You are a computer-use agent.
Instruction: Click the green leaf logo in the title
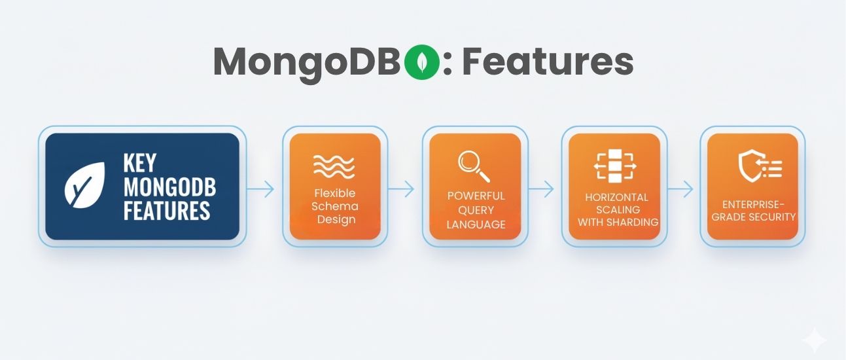pos(421,62)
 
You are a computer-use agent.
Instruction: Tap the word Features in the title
pos(548,61)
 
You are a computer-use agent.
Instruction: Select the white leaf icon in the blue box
pos(84,185)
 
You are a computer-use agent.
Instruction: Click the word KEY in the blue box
pos(140,163)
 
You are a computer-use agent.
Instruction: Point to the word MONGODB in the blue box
pos(169,187)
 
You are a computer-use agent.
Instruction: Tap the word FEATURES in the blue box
pos(167,210)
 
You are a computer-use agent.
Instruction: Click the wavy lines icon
pos(334,166)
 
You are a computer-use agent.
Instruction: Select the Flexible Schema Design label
pos(334,206)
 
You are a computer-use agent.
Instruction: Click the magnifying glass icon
pos(474,166)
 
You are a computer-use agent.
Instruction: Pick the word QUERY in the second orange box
pos(476,210)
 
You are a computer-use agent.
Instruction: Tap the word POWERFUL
pos(476,196)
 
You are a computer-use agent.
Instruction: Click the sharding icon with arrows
pos(615,166)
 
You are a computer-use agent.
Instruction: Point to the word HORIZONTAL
pos(616,197)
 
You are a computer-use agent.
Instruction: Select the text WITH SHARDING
pos(618,222)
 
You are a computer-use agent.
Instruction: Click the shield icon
pos(760,166)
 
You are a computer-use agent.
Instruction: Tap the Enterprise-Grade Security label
pos(754,211)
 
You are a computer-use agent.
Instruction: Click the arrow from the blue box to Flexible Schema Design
pos(260,189)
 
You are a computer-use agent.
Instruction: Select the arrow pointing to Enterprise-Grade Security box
pos(680,189)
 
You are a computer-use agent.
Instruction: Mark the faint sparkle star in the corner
pos(815,340)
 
